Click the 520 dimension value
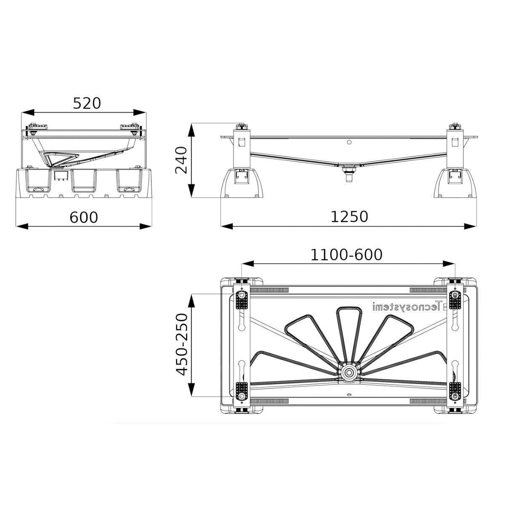pyautogui.click(x=87, y=103)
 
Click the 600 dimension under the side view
pyautogui.click(x=83, y=217)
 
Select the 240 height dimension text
pyautogui.click(x=181, y=160)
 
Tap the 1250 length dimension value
pyautogui.click(x=349, y=217)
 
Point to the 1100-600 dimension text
pyautogui.click(x=346, y=255)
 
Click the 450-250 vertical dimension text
pyautogui.click(x=182, y=344)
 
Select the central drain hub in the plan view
pyautogui.click(x=348, y=372)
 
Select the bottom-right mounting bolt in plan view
pyautogui.click(x=455, y=396)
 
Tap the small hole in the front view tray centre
pyautogui.click(x=349, y=142)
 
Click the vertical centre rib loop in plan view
pyautogui.click(x=348, y=332)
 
